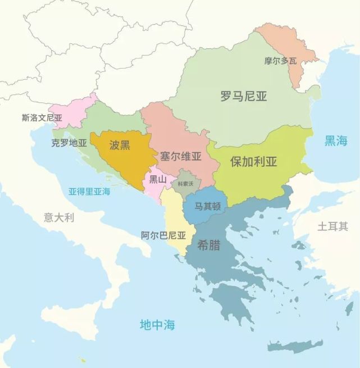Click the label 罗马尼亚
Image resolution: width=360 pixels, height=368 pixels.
tap(243, 96)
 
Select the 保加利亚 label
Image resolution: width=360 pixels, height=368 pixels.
tap(254, 162)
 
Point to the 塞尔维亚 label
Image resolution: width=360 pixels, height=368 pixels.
tap(180, 156)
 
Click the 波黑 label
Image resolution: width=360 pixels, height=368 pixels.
tap(120, 145)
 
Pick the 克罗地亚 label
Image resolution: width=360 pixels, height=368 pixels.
tap(69, 143)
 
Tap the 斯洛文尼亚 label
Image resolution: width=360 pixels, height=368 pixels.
tap(42, 118)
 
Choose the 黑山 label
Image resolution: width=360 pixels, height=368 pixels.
tap(158, 179)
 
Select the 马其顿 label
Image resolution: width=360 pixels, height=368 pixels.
tap(207, 206)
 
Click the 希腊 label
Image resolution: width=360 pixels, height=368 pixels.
tap(208, 245)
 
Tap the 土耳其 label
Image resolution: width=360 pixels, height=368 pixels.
tap(332, 226)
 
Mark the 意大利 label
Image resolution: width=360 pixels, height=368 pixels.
tap(59, 217)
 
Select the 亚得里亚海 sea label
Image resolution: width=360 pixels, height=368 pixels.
tap(89, 191)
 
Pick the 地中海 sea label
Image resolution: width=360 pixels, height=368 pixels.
tap(157, 324)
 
